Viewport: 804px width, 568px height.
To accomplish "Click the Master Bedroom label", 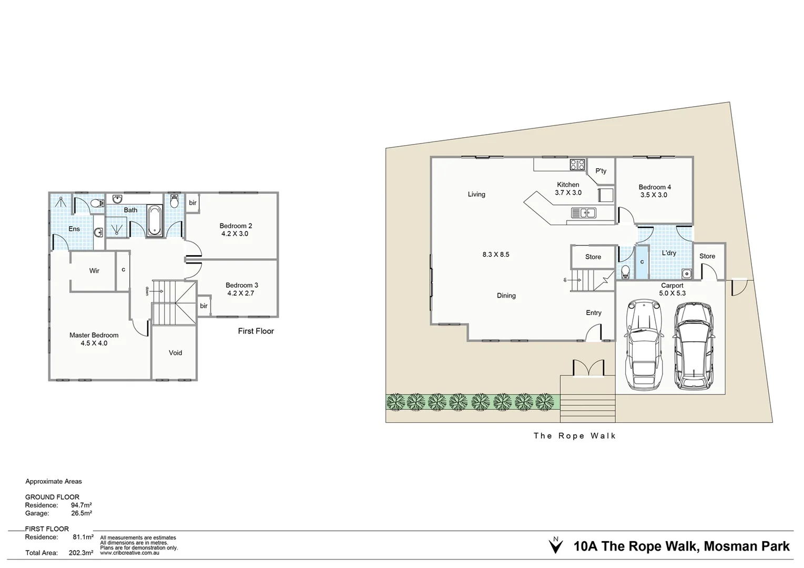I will tap(94, 335).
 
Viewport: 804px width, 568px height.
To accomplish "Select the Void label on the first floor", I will tap(175, 353).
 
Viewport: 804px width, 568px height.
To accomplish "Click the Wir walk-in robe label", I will tap(94, 271).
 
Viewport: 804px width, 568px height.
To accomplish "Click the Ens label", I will tap(74, 229).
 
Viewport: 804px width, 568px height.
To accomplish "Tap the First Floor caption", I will tap(256, 331).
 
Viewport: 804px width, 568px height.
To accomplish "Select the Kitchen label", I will tap(568, 185).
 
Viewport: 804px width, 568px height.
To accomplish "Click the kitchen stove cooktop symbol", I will tap(577, 165).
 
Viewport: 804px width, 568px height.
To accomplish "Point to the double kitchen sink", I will tap(583, 213).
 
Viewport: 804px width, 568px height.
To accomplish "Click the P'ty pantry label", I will tap(601, 171).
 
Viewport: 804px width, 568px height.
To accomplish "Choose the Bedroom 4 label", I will tap(654, 187).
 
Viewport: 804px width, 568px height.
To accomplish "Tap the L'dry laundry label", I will tap(669, 253).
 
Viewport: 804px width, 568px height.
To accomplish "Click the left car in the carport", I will tap(642, 344).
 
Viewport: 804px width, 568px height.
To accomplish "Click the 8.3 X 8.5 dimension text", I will tap(495, 255).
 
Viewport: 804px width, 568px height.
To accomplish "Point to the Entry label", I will tap(593, 313).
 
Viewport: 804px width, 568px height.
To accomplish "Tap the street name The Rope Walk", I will tap(574, 435).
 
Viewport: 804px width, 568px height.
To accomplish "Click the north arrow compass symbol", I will tap(555, 545).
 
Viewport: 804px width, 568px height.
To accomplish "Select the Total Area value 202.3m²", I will tap(81, 553).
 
